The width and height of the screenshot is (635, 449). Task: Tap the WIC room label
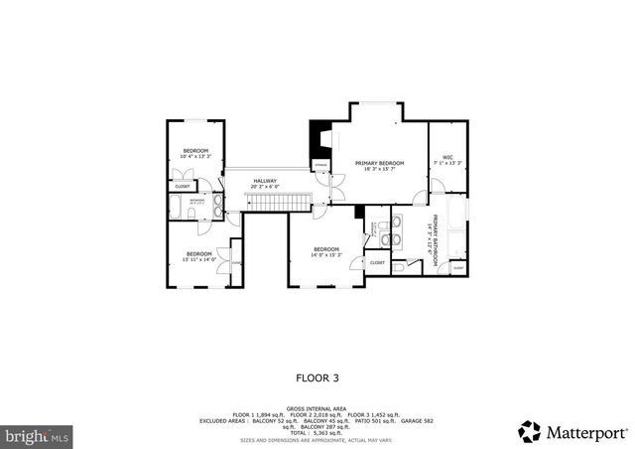[447, 159]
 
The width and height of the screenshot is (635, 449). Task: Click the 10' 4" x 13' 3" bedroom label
[195, 153]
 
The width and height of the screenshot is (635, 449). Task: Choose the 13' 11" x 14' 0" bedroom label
[198, 256]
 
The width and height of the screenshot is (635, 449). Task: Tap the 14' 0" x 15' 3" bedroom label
[326, 252]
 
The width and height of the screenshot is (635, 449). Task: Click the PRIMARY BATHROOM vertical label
[433, 238]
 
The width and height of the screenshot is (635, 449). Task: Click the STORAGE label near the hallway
[321, 165]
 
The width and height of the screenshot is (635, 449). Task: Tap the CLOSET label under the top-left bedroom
[183, 186]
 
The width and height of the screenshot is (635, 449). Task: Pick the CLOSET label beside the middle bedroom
[377, 262]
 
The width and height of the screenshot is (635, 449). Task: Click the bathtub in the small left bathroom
[177, 208]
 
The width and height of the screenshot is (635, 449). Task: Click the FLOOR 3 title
[317, 376]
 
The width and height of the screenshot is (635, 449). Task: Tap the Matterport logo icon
[529, 431]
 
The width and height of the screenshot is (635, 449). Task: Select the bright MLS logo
[36, 435]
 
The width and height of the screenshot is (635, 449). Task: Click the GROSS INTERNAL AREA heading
[317, 408]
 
